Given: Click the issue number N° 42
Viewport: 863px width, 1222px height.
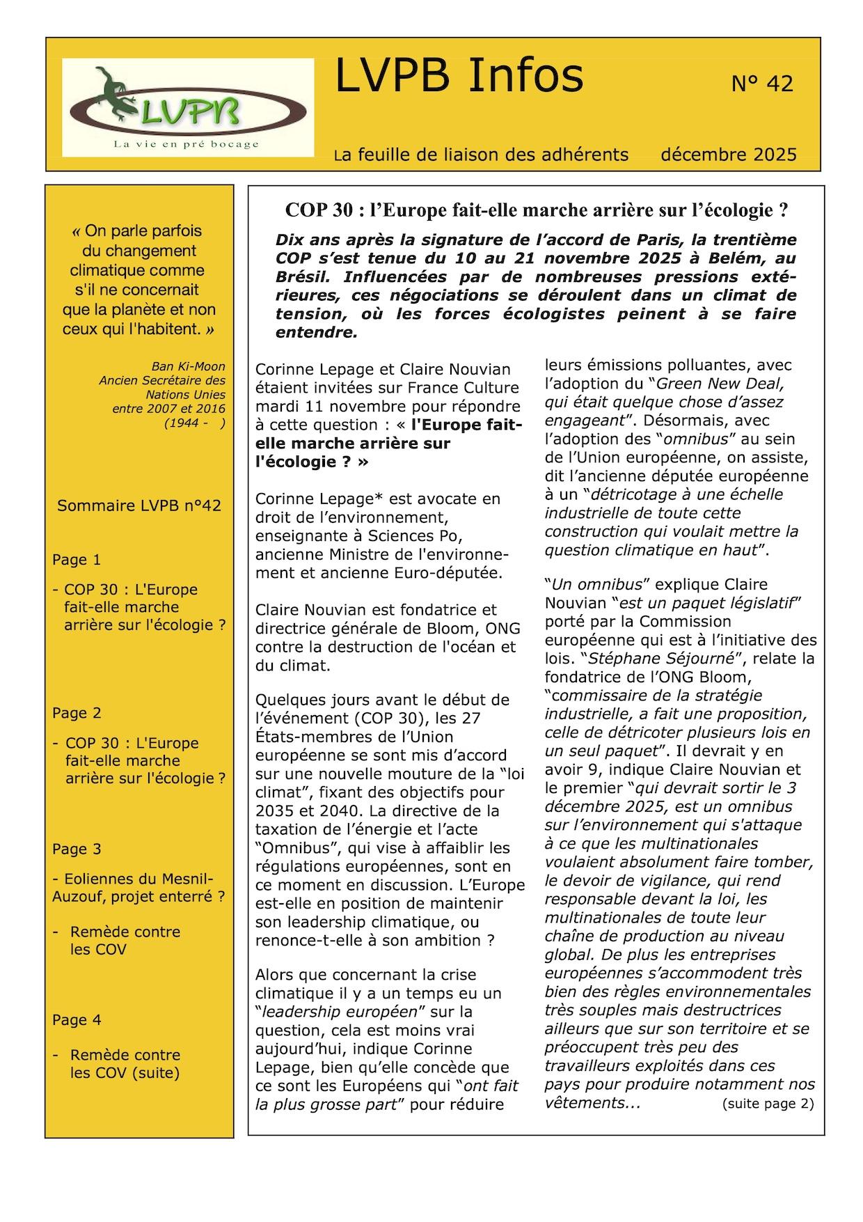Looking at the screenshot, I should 762,84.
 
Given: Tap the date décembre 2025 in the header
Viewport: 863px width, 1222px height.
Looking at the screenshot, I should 729,154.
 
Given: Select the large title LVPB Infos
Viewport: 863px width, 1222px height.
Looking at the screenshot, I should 459,76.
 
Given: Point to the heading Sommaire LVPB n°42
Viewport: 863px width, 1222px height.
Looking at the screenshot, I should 139,506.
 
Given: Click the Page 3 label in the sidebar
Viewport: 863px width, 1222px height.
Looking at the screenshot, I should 77,849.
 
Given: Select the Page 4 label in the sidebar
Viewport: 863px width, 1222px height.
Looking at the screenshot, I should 77,1020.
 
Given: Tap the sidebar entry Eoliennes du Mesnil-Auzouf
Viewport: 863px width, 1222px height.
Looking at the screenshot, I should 138,887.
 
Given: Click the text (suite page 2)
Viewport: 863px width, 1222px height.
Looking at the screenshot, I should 768,1103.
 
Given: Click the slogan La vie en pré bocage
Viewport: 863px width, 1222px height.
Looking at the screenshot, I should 186,144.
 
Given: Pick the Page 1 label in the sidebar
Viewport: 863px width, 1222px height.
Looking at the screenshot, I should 77,560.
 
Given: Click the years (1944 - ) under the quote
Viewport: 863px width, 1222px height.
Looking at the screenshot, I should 194,423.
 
